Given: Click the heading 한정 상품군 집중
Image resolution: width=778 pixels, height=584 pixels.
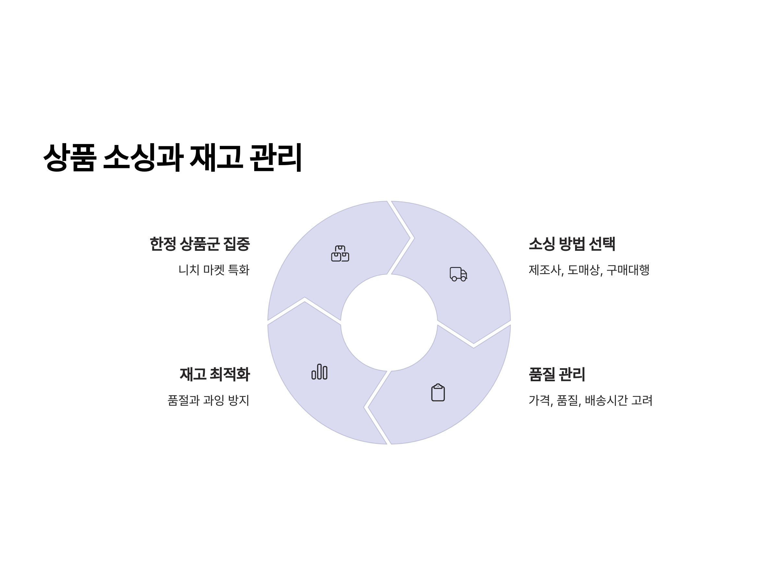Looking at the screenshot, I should point(199,244).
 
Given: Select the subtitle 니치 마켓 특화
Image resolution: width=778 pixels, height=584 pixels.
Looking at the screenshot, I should point(214,270).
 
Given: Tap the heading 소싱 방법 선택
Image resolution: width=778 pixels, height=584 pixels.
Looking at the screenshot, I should point(572,244).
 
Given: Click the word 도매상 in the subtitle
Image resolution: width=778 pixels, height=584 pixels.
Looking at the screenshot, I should point(584,270).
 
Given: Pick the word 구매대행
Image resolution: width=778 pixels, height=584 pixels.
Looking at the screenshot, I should point(628,270).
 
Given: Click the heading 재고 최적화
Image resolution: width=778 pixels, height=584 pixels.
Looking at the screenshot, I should point(215,374).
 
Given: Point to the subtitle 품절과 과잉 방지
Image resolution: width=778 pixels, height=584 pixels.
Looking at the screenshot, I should point(208,400).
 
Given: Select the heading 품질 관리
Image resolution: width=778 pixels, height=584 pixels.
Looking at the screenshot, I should point(557,374).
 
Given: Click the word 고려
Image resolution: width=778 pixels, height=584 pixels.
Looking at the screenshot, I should point(642,400).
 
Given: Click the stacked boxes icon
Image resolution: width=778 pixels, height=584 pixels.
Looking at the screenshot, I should point(340,253).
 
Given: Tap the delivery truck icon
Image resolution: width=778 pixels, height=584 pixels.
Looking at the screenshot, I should point(458,274).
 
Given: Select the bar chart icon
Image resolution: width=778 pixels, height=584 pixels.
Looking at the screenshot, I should point(319,372).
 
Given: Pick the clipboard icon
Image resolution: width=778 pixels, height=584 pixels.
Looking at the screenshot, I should point(438,392).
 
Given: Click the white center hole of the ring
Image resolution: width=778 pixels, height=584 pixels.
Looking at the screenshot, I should point(389,322).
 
